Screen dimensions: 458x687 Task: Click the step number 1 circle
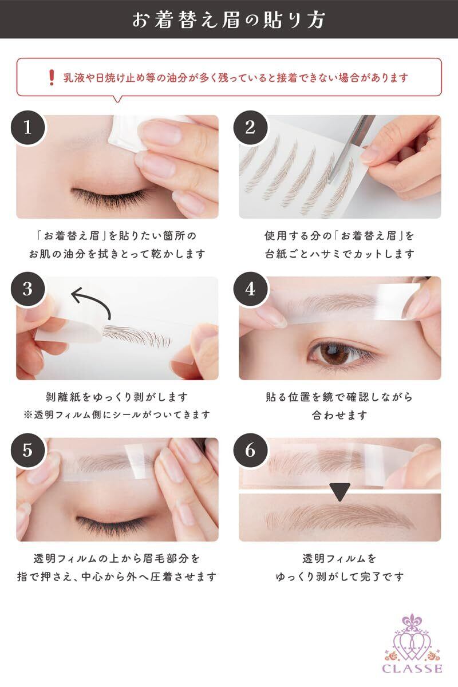[x=28, y=128]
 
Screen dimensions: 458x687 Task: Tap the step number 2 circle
[x=250, y=128]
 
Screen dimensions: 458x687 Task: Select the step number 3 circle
[x=28, y=289]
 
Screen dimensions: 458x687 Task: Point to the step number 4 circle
[x=250, y=289]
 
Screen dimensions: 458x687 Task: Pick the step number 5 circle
[x=28, y=450]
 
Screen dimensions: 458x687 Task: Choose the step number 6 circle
[x=250, y=450]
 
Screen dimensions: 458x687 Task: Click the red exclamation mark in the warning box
[x=52, y=78]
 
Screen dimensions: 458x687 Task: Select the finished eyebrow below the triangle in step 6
[x=339, y=518]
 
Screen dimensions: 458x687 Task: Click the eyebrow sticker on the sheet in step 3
[x=136, y=336]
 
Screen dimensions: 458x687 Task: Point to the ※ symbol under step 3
[x=28, y=415]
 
